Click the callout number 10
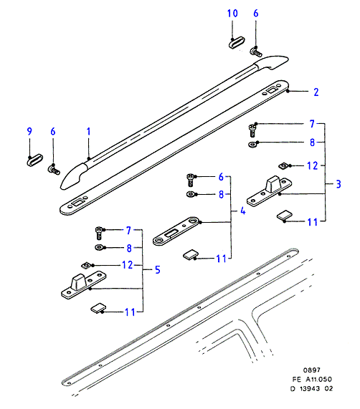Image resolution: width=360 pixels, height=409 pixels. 232,14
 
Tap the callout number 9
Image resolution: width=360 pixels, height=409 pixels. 29,131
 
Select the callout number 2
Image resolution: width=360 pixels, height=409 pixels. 316,92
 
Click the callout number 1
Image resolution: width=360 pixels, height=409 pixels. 89,132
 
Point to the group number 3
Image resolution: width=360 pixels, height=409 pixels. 338,184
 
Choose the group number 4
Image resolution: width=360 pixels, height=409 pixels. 243,211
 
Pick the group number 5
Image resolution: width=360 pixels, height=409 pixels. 158,270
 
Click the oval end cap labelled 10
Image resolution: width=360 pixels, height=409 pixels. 237,42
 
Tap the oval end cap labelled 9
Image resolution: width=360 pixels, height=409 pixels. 34,160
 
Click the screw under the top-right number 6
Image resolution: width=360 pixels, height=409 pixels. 256,52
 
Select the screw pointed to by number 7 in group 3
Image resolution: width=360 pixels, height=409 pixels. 252,130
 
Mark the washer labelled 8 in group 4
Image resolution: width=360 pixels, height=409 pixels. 191,194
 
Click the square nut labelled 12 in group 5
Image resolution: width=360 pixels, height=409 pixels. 86,266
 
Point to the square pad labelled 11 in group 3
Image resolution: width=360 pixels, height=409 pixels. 284,216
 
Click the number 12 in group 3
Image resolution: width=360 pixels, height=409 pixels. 313,166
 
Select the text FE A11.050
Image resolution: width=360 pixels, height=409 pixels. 312,379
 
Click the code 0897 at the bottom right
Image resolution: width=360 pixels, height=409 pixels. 311,370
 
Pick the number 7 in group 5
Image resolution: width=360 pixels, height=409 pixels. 128,231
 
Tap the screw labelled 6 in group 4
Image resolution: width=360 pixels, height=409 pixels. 191,181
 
